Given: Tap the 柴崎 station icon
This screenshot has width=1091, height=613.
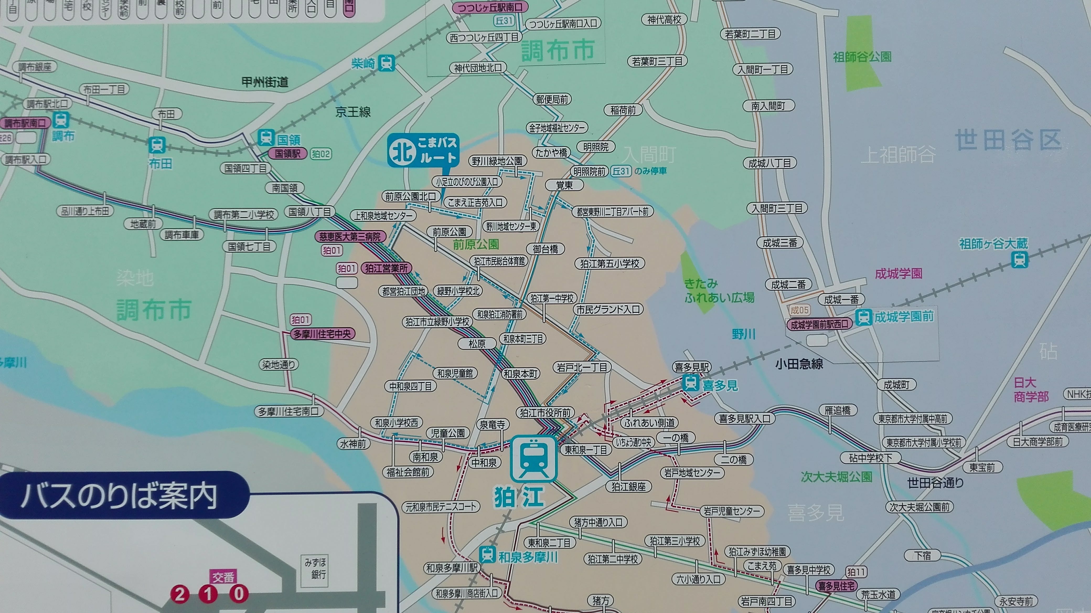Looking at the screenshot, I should coord(386,63).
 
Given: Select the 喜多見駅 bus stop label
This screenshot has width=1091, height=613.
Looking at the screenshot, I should coord(692,367).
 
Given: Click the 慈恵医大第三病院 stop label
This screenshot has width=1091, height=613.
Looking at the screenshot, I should coord(350,236).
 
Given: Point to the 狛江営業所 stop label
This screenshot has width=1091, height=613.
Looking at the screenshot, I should coord(386,268).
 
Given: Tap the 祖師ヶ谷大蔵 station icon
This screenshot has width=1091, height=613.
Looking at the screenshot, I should coord(1019,259).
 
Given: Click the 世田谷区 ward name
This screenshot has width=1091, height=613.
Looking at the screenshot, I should coord(1008,140).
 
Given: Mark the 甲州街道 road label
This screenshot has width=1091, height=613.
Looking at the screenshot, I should coord(265,82).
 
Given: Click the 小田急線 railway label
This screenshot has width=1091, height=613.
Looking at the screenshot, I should coord(799,363).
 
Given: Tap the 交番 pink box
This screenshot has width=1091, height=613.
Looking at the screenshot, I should coord(223,577).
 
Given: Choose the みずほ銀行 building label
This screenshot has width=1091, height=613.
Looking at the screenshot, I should coord(315,568).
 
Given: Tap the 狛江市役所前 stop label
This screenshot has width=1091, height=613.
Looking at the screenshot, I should coord(545,412).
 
